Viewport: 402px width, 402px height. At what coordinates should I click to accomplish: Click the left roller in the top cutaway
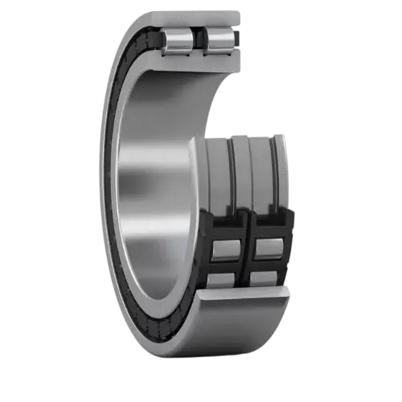tap(178, 41)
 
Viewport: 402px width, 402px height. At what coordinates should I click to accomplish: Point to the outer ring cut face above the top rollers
tap(193, 18)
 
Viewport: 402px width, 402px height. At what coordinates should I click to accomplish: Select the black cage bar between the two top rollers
tap(199, 41)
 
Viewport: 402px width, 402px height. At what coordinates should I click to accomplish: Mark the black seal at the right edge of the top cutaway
tap(239, 36)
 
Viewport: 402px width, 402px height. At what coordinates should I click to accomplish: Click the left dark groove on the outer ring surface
tap(233, 173)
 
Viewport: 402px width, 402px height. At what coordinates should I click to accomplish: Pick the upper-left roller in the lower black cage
tap(224, 249)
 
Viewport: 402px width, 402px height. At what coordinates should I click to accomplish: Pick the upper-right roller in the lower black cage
tap(267, 249)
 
